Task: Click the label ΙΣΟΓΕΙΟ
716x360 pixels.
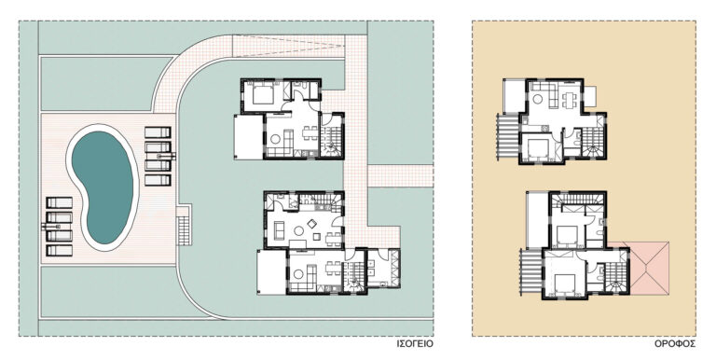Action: click(415, 343)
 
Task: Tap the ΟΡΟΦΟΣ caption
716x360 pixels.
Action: click(675, 343)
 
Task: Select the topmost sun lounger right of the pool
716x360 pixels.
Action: click(158, 132)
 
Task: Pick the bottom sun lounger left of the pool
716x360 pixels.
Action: click(60, 250)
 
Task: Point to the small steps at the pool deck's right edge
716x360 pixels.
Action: click(184, 225)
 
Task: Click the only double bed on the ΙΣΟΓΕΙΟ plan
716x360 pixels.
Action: click(263, 95)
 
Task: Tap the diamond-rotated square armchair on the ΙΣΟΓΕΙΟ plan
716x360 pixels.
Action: click(312, 224)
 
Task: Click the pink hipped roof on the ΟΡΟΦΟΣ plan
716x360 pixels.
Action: click(649, 269)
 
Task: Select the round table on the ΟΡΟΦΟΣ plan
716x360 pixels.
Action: click(538, 98)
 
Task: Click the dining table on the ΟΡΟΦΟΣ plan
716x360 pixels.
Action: click(569, 99)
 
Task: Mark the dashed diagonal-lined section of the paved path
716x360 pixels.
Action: click(288, 47)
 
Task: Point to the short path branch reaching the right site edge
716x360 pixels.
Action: click(400, 176)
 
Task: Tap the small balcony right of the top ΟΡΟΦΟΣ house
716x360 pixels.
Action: click(590, 96)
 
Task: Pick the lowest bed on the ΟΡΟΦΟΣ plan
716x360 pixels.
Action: click(564, 284)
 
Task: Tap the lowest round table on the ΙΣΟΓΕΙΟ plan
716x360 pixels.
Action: click(298, 274)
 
